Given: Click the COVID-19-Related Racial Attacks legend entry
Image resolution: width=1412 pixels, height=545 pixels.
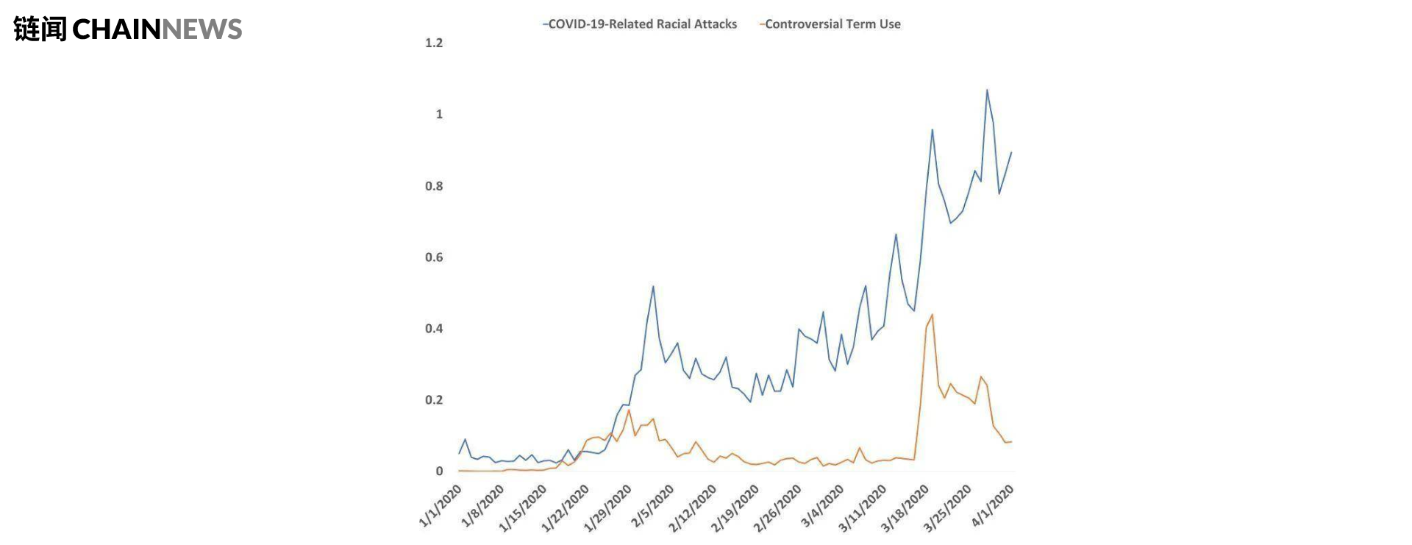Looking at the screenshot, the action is (x=640, y=24).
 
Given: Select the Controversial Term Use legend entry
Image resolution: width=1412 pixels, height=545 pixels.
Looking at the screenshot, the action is (x=830, y=24).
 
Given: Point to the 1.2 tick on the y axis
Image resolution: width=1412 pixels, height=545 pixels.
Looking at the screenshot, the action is (x=434, y=43).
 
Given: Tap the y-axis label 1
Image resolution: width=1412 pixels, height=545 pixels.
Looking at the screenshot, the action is (x=440, y=114).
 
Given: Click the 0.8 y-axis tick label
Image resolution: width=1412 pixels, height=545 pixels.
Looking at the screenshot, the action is (x=434, y=186).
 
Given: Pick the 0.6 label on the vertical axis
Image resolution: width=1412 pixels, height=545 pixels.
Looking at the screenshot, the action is (x=434, y=257).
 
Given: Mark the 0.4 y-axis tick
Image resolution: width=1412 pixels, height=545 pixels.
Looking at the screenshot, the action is (x=434, y=329).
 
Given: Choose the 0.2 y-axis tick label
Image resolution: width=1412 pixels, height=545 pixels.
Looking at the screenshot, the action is (x=434, y=400).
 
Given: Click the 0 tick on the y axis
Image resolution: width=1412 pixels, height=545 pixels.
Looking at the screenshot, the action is (x=440, y=471).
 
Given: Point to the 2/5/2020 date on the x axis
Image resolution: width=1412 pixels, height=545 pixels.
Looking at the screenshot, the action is (x=652, y=506).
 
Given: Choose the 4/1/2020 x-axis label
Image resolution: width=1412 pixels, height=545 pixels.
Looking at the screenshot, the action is (x=993, y=506).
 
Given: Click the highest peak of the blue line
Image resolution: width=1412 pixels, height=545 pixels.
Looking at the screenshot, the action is (x=987, y=90).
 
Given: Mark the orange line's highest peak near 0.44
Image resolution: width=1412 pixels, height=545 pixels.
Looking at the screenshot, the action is (x=933, y=315).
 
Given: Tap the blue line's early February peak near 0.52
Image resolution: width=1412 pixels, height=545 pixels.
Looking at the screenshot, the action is (x=653, y=286).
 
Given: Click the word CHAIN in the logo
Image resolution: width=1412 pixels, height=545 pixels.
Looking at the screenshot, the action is (x=116, y=29).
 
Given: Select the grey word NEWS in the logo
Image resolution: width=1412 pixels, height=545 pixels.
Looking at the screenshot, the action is (x=202, y=29).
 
